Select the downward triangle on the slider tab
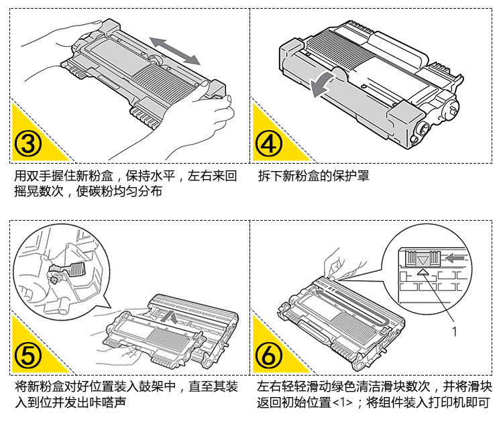[423, 259]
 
